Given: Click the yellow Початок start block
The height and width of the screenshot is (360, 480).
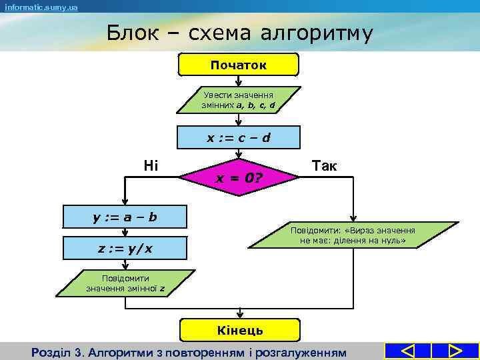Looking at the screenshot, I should (239, 65).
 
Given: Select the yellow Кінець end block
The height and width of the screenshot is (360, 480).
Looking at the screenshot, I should (239, 330).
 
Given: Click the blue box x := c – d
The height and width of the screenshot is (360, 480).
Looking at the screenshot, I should (239, 138).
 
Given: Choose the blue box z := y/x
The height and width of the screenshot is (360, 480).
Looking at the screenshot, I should (125, 248).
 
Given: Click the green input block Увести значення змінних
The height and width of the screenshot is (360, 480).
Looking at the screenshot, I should (239, 100).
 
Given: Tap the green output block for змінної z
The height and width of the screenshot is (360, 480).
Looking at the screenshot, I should (125, 283).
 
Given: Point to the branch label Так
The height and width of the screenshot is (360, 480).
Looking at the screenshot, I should (324, 165).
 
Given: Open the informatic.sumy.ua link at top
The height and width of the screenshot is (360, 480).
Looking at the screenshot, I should (41, 7).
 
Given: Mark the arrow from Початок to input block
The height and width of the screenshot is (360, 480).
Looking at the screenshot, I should (239, 81).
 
